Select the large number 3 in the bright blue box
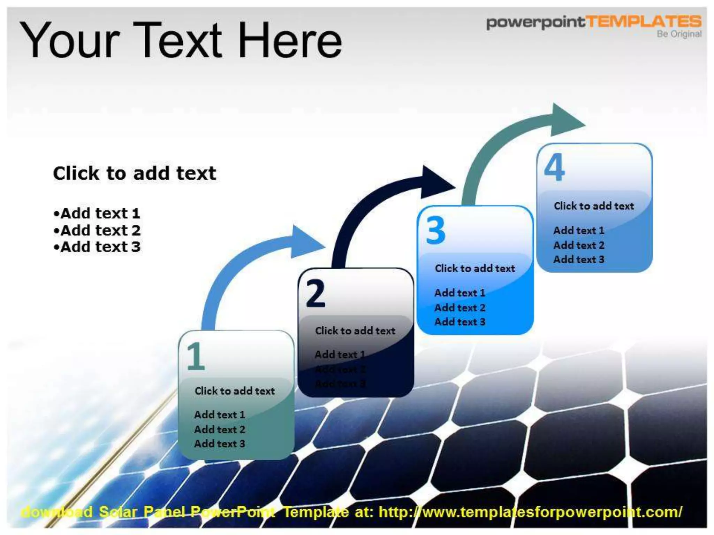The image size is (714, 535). pos(436,231)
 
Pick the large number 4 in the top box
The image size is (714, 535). pos(554,168)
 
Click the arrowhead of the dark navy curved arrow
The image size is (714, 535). pos(436,183)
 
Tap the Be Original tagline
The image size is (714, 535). pos(679,34)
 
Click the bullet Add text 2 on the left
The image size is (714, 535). pos(97,230)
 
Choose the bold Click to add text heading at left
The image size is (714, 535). pos(135,173)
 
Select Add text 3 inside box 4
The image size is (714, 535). pos(579,259)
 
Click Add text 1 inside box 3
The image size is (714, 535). pos(459,293)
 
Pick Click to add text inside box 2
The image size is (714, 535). pos(355,331)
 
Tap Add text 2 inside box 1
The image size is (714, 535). pos(220,429)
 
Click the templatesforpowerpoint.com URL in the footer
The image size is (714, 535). pos(530,512)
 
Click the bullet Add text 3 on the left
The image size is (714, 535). pos(97,247)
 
